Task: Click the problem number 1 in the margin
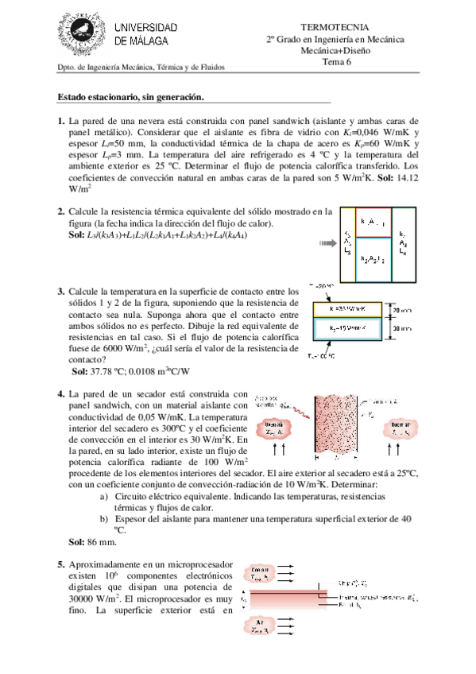(x=61, y=120)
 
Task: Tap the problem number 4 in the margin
(x=61, y=394)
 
